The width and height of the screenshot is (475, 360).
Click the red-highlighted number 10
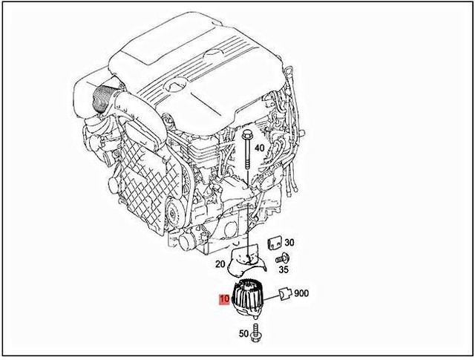tap(223, 300)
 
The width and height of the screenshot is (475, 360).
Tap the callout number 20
tap(220, 264)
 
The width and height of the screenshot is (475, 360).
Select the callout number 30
tap(289, 243)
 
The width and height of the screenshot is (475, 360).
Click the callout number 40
tap(259, 148)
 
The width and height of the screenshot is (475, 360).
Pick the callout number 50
tap(243, 333)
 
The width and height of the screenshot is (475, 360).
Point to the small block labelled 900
tap(285, 295)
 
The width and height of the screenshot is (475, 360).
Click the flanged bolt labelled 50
tap(257, 334)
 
